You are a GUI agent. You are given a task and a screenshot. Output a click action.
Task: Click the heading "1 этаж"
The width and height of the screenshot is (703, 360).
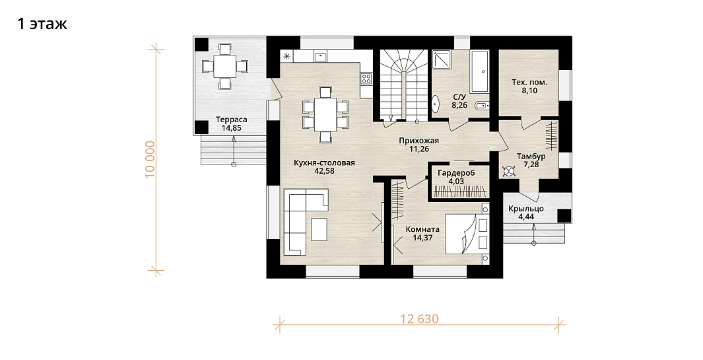(x=42, y=23)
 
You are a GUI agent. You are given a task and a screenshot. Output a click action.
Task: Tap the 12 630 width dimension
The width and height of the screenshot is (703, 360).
(x=419, y=318)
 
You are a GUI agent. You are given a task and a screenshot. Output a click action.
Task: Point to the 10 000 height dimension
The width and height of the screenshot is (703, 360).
(x=150, y=159)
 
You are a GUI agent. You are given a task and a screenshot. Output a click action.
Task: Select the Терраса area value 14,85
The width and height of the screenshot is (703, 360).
(x=231, y=128)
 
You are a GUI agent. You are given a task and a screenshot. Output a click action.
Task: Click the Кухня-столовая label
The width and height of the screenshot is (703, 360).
(x=324, y=163)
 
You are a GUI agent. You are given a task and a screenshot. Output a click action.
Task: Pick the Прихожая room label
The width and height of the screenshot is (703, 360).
(x=418, y=141)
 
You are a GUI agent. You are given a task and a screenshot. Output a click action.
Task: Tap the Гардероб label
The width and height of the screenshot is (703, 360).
(x=456, y=173)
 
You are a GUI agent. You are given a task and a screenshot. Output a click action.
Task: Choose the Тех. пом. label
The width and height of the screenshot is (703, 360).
(x=529, y=83)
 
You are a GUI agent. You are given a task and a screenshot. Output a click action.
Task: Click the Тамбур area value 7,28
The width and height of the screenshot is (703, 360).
(x=531, y=164)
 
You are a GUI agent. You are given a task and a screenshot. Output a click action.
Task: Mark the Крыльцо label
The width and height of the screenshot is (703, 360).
(x=526, y=209)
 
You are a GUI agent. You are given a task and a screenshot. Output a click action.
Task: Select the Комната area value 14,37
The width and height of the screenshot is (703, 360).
(x=422, y=237)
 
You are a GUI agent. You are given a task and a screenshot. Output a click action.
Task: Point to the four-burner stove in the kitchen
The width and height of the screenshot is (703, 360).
(x=366, y=79)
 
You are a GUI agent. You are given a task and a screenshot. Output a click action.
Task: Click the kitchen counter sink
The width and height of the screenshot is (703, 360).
(x=320, y=57)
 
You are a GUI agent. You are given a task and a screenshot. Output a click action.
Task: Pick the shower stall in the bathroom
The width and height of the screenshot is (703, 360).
(x=442, y=59)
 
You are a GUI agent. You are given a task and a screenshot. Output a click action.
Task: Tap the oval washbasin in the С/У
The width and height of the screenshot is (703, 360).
(x=435, y=104)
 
